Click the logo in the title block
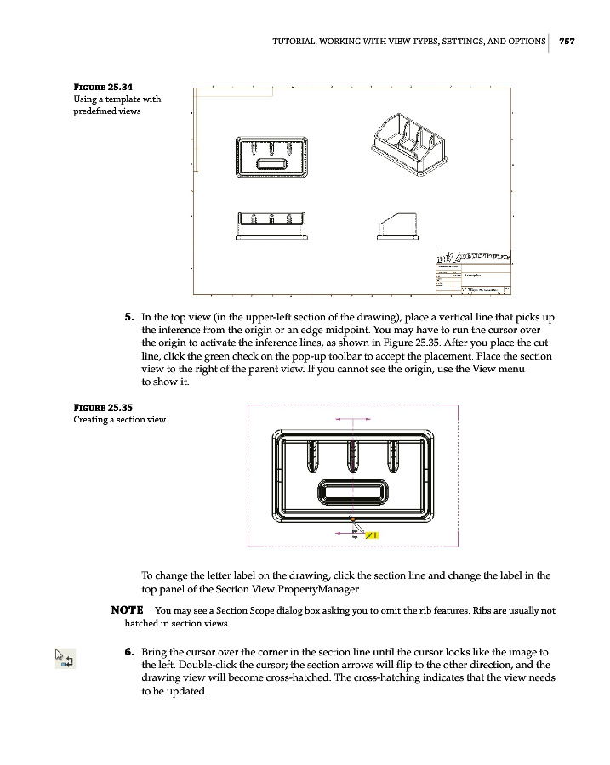[473, 257]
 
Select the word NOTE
[127, 610]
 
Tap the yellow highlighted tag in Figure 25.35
[372, 535]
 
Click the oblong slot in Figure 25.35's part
[351, 491]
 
